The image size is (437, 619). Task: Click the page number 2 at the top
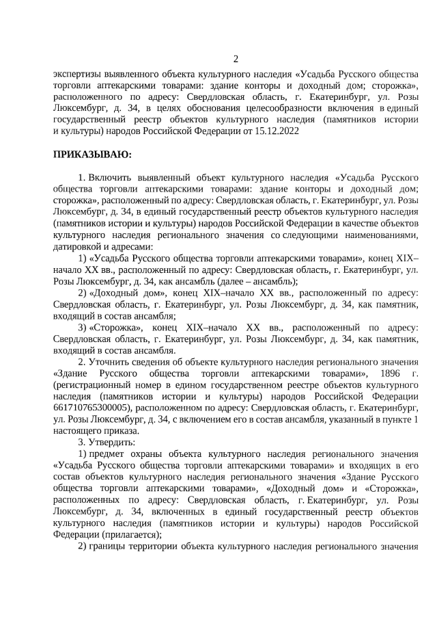[x=236, y=58]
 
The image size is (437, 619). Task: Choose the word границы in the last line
[x=107, y=546]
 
